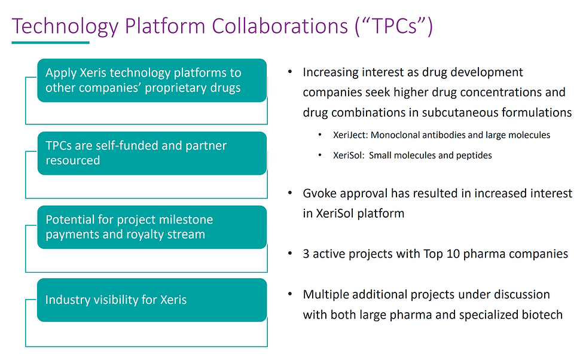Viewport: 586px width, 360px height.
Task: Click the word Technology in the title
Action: click(x=65, y=26)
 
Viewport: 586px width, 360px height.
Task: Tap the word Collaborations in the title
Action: click(x=280, y=26)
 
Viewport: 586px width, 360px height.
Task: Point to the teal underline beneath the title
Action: click(x=50, y=42)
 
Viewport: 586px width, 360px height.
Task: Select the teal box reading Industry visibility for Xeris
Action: click(x=152, y=300)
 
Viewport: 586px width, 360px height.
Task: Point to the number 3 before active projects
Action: click(x=306, y=254)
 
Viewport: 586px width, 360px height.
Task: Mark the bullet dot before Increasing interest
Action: click(x=290, y=71)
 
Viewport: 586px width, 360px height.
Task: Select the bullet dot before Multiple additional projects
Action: click(x=290, y=294)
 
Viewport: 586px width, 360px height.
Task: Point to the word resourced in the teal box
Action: click(x=73, y=161)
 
